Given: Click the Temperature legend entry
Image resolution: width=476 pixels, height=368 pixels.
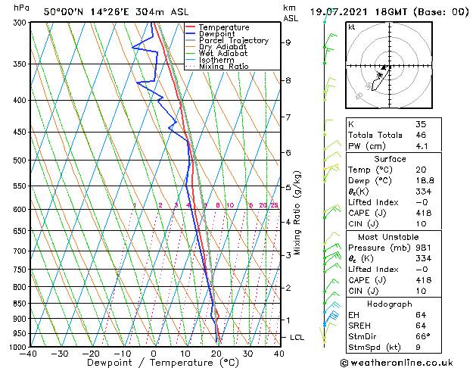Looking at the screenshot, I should [222, 27].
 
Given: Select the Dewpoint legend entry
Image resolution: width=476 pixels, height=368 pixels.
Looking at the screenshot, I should [218, 34].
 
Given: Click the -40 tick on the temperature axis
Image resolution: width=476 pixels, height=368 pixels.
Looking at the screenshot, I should [29, 354].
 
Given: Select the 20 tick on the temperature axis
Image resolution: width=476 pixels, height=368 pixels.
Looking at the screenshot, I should [216, 354].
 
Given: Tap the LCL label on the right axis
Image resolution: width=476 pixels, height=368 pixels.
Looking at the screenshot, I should [297, 337].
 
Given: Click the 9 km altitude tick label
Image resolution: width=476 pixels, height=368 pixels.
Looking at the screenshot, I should [288, 42].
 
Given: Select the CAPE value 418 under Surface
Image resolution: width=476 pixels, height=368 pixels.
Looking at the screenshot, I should [424, 213].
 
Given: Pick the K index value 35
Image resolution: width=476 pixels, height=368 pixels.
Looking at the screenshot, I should [422, 123].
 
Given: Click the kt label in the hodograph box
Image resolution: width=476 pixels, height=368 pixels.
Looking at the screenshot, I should [352, 27].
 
